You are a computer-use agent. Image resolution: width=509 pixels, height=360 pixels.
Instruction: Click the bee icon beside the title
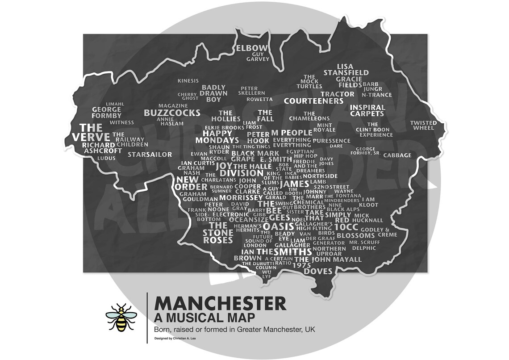tap(120, 318)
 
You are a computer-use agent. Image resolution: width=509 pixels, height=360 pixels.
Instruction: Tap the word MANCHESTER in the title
tap(220, 304)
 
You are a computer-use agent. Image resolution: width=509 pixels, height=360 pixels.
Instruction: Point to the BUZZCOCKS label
tap(172, 113)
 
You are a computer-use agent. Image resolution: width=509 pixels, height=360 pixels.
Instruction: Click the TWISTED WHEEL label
tap(423, 125)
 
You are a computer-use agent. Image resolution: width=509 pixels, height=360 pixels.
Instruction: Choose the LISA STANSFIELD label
tap(346, 70)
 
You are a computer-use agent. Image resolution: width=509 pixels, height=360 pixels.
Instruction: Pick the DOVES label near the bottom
tap(318, 271)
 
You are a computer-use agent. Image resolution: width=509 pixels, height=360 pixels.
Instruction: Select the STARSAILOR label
tap(150, 155)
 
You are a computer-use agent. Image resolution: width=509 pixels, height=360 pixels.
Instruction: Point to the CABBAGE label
tap(397, 155)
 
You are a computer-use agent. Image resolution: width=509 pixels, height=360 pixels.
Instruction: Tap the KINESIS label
tap(188, 81)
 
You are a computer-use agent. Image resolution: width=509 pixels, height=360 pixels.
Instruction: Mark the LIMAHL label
tap(115, 104)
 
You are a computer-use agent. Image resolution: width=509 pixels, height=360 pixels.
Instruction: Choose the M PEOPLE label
tap(291, 133)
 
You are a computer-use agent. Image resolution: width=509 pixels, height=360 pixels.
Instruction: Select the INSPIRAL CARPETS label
tap(367, 110)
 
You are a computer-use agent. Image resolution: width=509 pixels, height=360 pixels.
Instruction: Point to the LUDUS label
tap(106, 158)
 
